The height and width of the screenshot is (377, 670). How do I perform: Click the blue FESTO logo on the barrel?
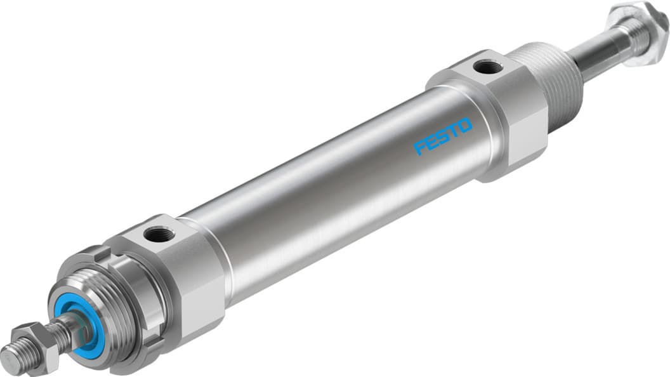[x=443, y=136]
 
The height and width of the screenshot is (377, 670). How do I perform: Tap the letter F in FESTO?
[x=419, y=149]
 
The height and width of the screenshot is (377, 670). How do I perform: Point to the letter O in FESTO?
[x=465, y=126]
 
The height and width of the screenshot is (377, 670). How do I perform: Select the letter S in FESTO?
[x=442, y=136]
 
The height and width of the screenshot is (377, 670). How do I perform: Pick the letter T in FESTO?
[x=453, y=131]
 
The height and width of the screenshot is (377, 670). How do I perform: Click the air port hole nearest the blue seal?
[x=154, y=235]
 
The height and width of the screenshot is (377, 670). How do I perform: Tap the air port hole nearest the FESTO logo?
[x=487, y=66]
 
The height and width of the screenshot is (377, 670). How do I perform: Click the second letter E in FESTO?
[x=431, y=142]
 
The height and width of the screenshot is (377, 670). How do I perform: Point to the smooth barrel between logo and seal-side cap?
[x=317, y=209]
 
